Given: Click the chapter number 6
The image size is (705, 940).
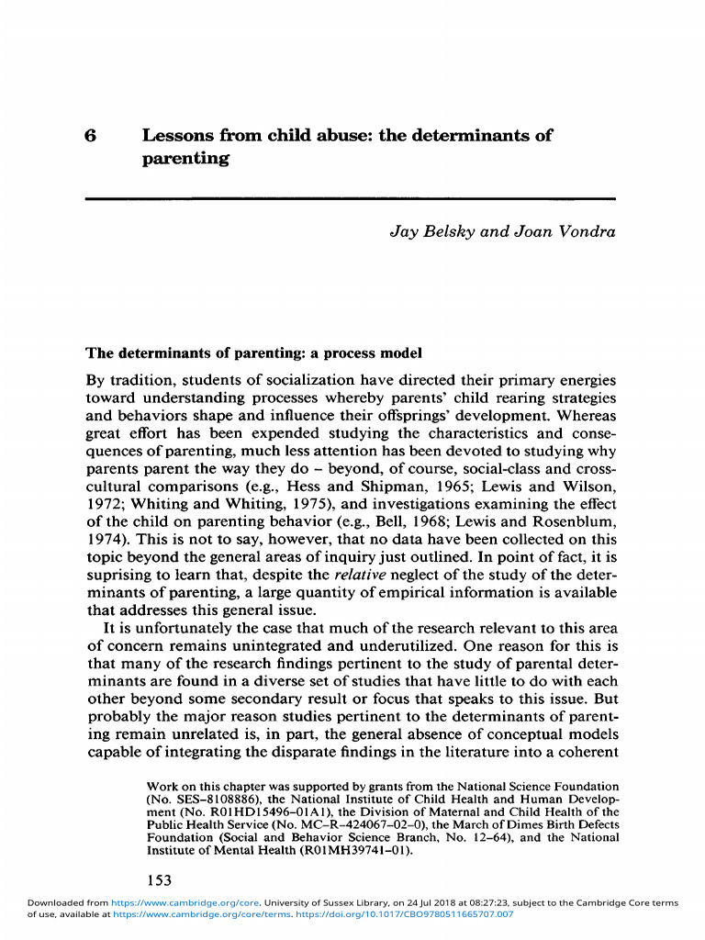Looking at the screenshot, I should [90, 136].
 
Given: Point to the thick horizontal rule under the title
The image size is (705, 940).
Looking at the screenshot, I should [350, 198].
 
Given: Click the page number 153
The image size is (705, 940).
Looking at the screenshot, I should [160, 881].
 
